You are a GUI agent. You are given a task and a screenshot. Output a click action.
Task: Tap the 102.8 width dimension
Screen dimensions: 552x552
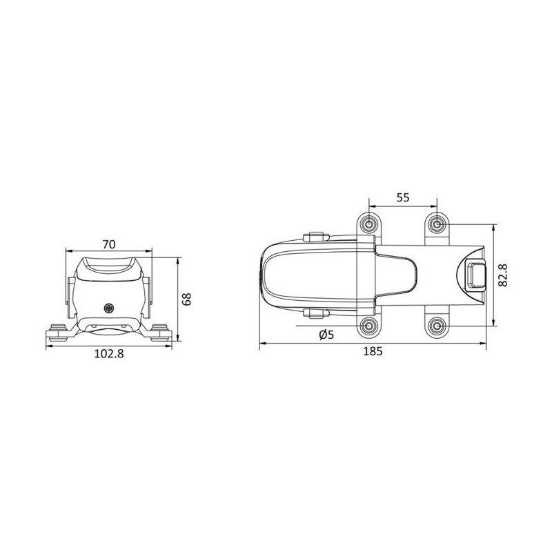(108, 354)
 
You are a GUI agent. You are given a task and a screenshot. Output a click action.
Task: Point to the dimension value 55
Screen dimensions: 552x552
(404, 197)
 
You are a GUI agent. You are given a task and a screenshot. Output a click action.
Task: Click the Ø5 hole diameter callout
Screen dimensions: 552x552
(327, 335)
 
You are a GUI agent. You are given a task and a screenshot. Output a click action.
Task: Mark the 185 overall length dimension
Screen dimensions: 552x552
(373, 351)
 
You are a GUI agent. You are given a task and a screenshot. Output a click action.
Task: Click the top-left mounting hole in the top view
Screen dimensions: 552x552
(371, 224)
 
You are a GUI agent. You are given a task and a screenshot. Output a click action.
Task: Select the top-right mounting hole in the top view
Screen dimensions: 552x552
(437, 224)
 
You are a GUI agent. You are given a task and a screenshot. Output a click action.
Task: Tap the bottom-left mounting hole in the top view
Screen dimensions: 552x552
(371, 325)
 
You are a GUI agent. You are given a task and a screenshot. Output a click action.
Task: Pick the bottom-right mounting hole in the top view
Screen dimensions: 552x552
(437, 325)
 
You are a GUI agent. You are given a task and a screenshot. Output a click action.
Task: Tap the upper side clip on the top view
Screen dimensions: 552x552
(315, 237)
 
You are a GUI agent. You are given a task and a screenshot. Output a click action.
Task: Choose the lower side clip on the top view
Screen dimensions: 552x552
(315, 314)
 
